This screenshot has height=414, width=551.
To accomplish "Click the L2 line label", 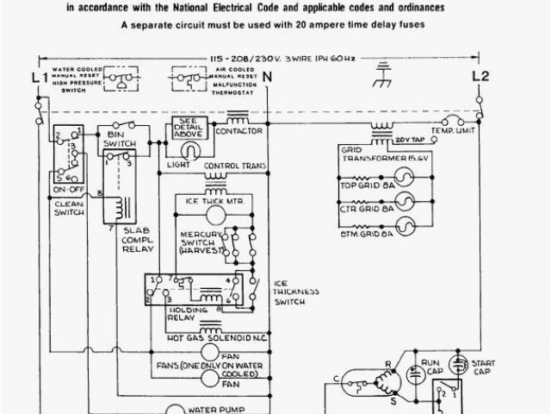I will tap(480, 77).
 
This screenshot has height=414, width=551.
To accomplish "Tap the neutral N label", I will tap(268, 78).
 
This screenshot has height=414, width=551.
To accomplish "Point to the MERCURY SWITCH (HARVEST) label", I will tap(202, 242).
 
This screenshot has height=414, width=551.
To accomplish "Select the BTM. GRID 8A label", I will tap(367, 232).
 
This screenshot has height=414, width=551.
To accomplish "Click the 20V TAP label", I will tap(408, 138).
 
